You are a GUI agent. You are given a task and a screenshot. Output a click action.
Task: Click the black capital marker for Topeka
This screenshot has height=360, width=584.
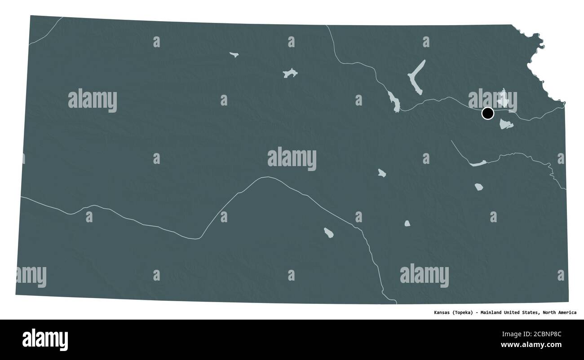tap(487, 113)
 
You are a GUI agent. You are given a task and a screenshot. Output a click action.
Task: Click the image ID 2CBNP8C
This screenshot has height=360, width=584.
tap(544, 334)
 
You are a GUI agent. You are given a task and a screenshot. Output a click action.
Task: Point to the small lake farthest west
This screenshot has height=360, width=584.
tap(234, 55)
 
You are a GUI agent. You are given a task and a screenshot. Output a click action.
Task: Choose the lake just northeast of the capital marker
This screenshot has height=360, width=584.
tap(503, 97)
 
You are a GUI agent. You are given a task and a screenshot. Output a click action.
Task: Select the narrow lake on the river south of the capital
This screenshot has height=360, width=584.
tap(478, 163)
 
